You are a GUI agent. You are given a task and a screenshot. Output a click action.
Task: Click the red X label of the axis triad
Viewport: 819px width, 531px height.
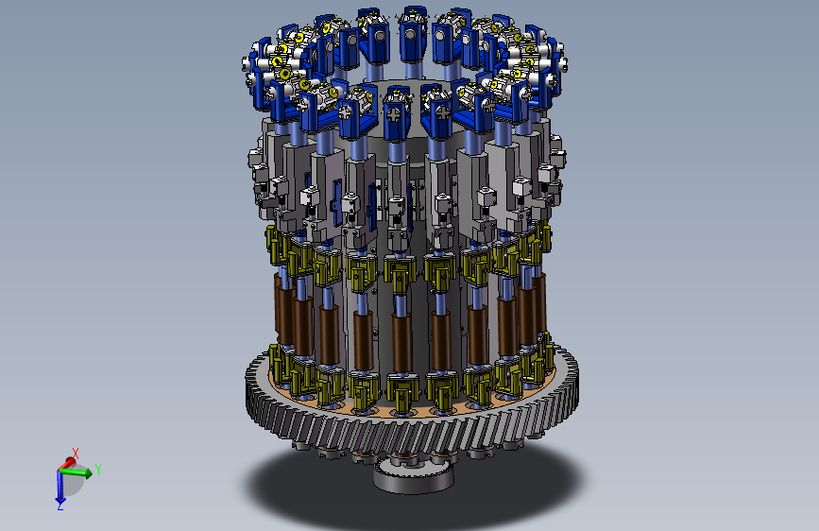click(x=76, y=454)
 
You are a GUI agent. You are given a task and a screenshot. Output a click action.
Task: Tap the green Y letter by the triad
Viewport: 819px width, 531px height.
click(x=97, y=470)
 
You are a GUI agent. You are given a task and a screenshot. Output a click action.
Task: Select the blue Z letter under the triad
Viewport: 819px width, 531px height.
click(x=60, y=505)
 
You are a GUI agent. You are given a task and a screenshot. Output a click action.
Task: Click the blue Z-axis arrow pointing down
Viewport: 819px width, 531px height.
click(x=60, y=486)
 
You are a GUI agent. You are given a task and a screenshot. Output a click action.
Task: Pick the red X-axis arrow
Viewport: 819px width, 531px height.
click(x=67, y=464)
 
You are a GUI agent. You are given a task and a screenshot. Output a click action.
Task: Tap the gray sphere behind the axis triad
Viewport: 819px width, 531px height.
click(x=72, y=482)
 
